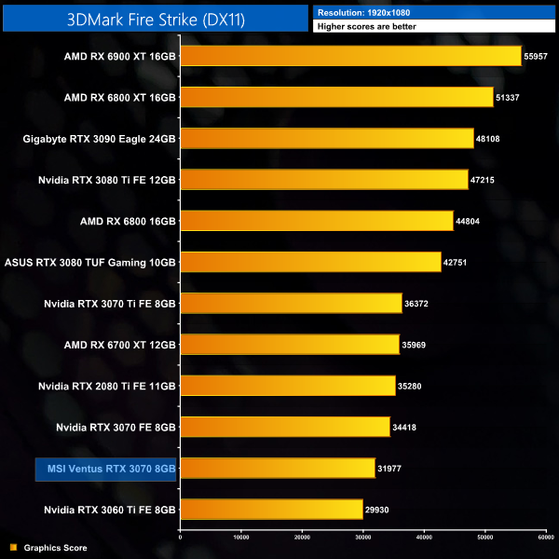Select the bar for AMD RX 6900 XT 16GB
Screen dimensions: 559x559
coord(349,56)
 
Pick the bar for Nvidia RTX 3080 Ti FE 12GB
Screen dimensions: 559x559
coord(322,179)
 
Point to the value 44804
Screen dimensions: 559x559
coord(468,221)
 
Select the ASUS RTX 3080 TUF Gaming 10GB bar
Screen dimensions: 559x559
coord(309,262)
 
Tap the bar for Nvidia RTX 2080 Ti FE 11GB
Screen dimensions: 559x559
coord(287,385)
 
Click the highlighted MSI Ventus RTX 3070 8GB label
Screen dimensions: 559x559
coord(105,468)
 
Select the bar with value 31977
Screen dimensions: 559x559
coord(277,468)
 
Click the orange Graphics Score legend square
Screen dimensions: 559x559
coord(12,548)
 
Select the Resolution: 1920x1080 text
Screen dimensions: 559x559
coord(362,12)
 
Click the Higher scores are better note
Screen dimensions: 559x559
coord(367,26)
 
